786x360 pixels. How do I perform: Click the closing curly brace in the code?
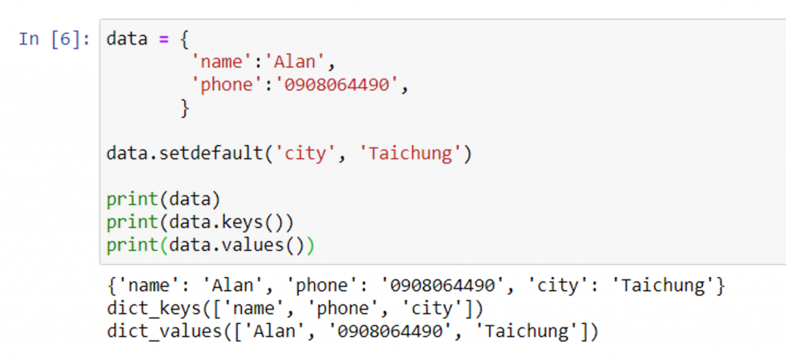click(x=184, y=108)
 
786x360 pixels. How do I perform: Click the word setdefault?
click(x=210, y=154)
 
